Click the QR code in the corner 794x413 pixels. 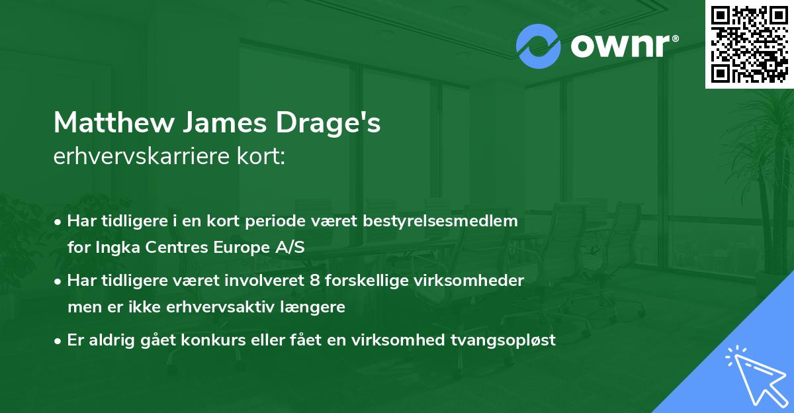pos(750,44)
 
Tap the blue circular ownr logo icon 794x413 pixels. pos(539,46)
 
